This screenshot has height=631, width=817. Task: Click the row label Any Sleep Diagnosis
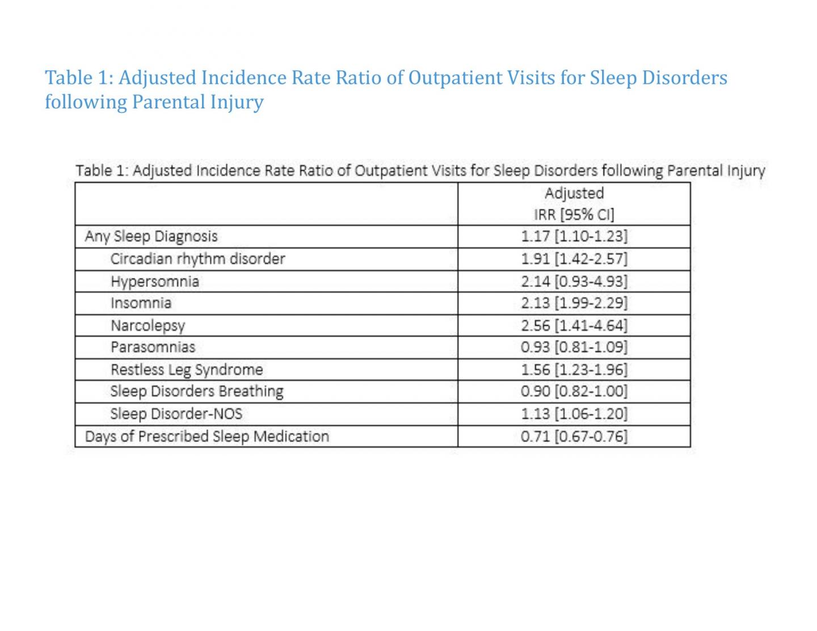click(x=151, y=237)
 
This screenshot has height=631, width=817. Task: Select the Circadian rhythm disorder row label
click(x=197, y=259)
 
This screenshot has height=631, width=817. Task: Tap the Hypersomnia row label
click(x=154, y=281)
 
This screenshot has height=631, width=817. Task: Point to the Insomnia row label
click(x=141, y=303)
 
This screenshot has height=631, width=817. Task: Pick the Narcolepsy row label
click(x=148, y=326)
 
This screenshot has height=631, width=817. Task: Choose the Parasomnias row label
click(x=153, y=347)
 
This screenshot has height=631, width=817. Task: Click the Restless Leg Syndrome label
click(x=187, y=370)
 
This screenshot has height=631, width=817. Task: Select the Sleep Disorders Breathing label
click(x=197, y=392)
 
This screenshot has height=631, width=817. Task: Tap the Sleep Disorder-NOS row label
click(x=176, y=414)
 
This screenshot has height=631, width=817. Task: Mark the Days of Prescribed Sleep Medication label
click(x=207, y=436)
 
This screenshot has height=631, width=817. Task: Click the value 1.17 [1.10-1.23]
click(x=574, y=237)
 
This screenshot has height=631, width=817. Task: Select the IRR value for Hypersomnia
click(x=574, y=281)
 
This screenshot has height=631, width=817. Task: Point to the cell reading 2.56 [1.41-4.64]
click(x=574, y=326)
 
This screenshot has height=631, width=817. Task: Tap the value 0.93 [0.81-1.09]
click(x=574, y=347)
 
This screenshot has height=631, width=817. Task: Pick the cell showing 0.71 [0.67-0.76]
click(x=574, y=436)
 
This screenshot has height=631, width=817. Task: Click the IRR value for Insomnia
click(x=574, y=303)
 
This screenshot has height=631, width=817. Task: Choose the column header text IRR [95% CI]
click(x=574, y=214)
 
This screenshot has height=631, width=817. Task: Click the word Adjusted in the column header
click(x=574, y=193)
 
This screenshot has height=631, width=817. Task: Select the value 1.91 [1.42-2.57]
click(x=574, y=259)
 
